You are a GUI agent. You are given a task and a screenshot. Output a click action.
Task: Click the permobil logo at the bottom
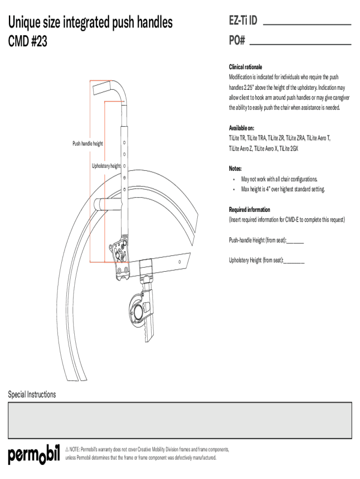tap(34, 455)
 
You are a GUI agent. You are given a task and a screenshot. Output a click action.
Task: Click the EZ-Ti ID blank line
tap(307, 24)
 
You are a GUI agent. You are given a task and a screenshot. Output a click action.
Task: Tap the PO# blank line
tap(301, 44)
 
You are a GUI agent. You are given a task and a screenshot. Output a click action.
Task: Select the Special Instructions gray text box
tap(180, 421)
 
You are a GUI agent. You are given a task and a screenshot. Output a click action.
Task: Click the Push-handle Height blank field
tap(295, 243)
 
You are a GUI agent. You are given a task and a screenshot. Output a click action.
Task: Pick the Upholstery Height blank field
tap(294, 263)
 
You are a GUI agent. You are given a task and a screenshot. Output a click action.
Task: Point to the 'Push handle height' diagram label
tap(87, 144)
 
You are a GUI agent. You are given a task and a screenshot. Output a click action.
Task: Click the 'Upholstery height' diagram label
tap(106, 166)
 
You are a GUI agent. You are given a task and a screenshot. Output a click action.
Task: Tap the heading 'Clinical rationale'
tap(245, 67)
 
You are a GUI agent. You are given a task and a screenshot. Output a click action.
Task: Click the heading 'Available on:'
tap(242, 128)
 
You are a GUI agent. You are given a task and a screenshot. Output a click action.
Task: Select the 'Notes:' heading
tap(235, 168)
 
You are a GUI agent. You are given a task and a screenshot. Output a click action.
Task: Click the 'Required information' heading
tap(250, 210)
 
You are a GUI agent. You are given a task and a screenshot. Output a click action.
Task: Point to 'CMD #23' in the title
tap(28, 41)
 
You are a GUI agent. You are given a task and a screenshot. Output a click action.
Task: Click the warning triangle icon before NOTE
tap(67, 450)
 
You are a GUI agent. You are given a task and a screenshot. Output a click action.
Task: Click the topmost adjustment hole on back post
tap(124, 142)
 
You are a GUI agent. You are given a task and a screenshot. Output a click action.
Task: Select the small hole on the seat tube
tap(180, 262)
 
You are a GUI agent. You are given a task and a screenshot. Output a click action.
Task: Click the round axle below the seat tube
tap(137, 312)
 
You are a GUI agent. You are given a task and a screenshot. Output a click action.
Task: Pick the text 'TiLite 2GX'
tap(289, 148)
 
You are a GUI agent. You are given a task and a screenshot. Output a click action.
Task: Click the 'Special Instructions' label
tap(32, 394)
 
